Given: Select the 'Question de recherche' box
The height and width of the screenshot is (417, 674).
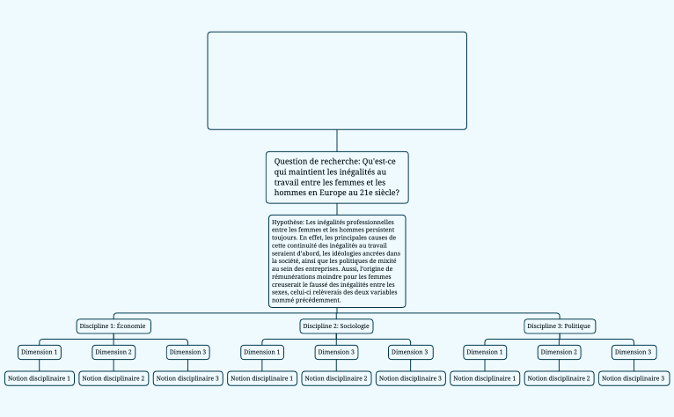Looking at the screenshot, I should point(337,176).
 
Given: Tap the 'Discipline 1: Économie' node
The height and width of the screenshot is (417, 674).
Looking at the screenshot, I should point(114,326).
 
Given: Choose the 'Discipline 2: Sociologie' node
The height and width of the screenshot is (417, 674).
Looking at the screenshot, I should point(337,326).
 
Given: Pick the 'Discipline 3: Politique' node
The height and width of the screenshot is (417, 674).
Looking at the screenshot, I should point(560,326).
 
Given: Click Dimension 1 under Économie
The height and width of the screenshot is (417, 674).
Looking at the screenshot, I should point(40,352).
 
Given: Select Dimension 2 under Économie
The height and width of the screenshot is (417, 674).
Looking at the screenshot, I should point(114,352).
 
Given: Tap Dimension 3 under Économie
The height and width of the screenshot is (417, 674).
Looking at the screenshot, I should point(188,352).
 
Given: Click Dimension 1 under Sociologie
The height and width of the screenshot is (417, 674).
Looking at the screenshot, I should point(262,352).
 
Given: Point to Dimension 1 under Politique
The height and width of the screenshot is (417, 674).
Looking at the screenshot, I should point(486,352).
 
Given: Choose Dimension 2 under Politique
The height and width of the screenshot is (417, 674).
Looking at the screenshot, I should point(560,352).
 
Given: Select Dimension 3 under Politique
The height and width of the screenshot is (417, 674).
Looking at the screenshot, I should point(634,352).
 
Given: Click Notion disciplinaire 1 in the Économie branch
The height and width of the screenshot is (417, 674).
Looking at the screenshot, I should point(40,378).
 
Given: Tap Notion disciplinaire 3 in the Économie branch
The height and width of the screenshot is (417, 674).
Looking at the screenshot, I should point(188,378).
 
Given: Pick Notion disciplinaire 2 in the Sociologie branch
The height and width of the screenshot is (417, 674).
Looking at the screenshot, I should point(337,378).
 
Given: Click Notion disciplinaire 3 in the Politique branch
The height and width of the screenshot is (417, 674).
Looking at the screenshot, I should point(634,378).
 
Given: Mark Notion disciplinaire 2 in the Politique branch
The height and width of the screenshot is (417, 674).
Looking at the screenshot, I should point(560,378).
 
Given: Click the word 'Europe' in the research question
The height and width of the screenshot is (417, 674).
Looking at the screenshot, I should point(333,192).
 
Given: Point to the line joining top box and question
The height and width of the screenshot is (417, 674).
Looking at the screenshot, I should point(337,141).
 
